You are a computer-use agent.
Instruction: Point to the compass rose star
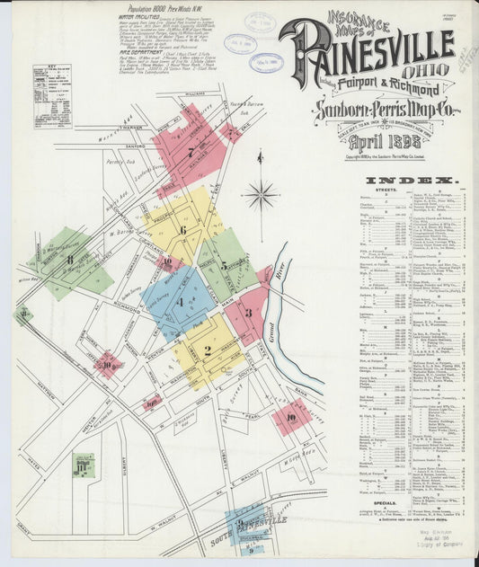pos(261,191)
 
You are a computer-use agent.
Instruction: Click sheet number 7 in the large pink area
pos(191,152)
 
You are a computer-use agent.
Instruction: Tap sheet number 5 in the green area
pos(224,266)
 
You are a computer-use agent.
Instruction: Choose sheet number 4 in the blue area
pos(180,302)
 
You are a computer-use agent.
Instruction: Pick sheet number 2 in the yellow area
pos(208,350)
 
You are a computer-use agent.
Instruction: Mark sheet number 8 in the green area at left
pos(69,261)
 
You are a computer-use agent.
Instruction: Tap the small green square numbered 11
pos(83,464)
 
